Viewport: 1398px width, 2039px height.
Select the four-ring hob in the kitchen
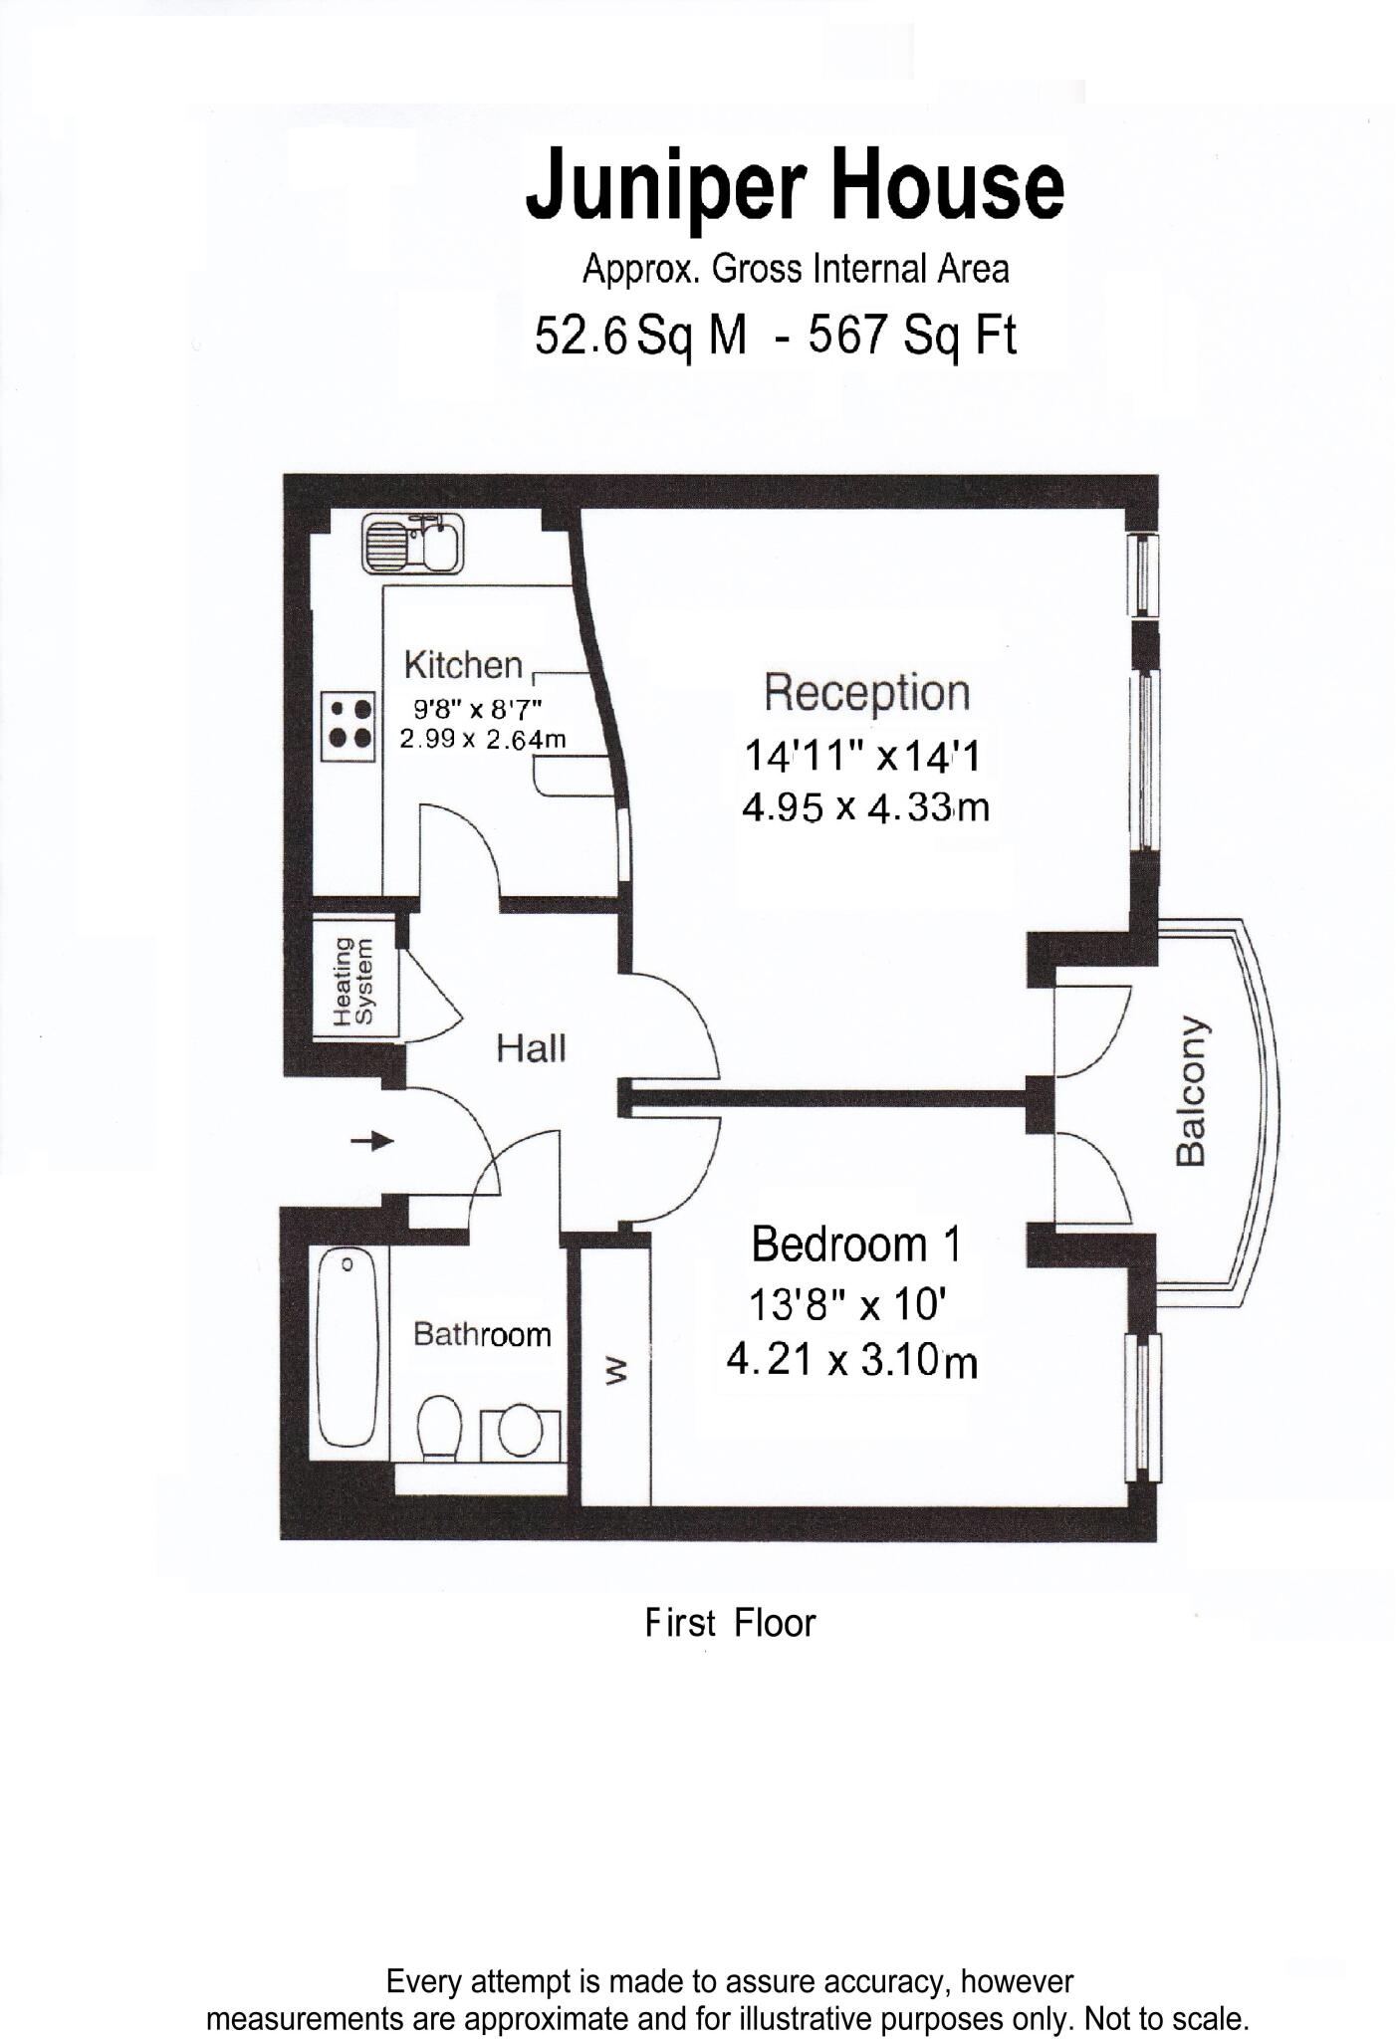click(349, 724)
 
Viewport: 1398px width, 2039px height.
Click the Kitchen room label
click(463, 665)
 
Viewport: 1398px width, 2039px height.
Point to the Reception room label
click(866, 693)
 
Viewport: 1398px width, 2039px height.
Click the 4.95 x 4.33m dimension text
click(864, 807)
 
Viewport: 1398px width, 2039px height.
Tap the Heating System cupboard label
click(353, 982)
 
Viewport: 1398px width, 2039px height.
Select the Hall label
click(531, 1047)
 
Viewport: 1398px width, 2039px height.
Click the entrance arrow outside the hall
click(373, 1141)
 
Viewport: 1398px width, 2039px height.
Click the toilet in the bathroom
click(438, 1431)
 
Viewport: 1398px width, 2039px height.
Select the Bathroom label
click(482, 1334)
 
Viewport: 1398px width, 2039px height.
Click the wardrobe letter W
click(616, 1372)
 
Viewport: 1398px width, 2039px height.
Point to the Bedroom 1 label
click(856, 1245)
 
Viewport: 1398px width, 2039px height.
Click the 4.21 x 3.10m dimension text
click(851, 1360)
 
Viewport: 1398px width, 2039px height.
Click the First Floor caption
click(730, 1624)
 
